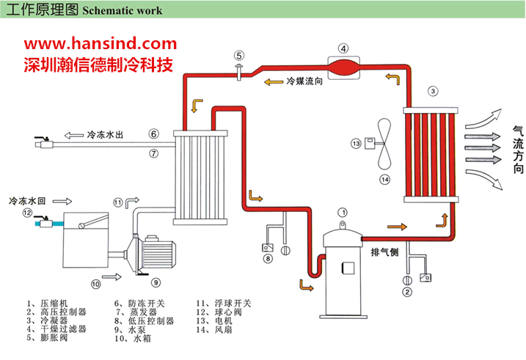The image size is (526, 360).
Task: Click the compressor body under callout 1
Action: click(342, 274)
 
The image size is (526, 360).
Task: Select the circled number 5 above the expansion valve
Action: click(239, 54)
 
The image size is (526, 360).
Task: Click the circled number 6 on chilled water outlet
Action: click(153, 134)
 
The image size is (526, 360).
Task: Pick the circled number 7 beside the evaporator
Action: click(153, 153)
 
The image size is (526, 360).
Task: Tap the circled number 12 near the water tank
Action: click(28, 213)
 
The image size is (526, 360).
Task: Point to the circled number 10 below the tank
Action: click(95, 284)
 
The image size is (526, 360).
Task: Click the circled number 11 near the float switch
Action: click(118, 202)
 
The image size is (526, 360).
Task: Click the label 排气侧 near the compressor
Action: click(384, 253)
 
